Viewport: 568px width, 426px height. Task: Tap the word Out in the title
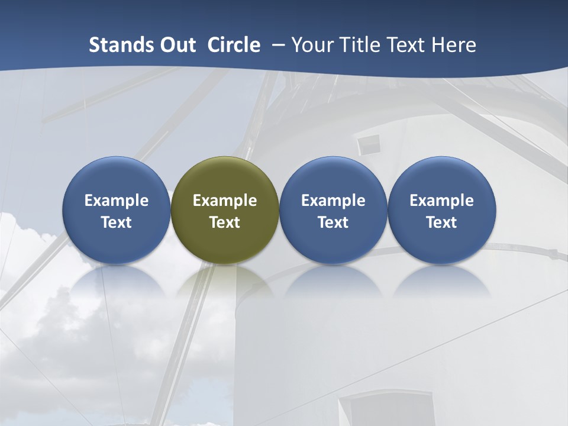(x=177, y=45)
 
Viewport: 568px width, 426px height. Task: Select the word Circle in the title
(x=234, y=45)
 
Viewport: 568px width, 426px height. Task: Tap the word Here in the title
(x=453, y=45)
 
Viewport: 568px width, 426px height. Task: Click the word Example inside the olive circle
(x=225, y=201)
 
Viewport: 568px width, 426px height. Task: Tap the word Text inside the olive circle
(x=225, y=222)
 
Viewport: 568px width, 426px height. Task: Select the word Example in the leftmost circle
(x=116, y=201)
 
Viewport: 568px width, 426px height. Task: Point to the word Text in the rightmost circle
(x=441, y=222)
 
